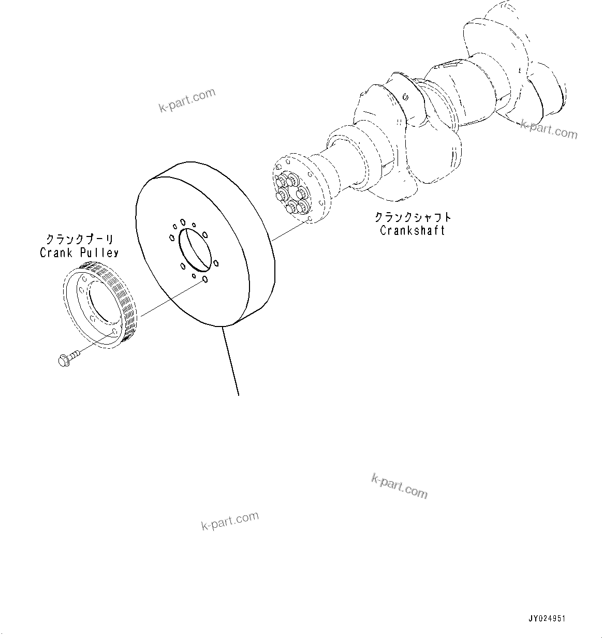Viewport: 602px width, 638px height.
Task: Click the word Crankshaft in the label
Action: [412, 231]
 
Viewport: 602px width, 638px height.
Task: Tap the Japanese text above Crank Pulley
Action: [79, 240]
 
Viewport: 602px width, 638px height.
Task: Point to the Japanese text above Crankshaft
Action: [413, 217]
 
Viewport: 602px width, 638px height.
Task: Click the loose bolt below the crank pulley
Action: [67, 358]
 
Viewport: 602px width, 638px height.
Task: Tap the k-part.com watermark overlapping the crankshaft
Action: [549, 130]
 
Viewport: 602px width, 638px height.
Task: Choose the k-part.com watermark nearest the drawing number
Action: [400, 486]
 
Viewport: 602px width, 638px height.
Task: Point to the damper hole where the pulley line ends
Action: [205, 280]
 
